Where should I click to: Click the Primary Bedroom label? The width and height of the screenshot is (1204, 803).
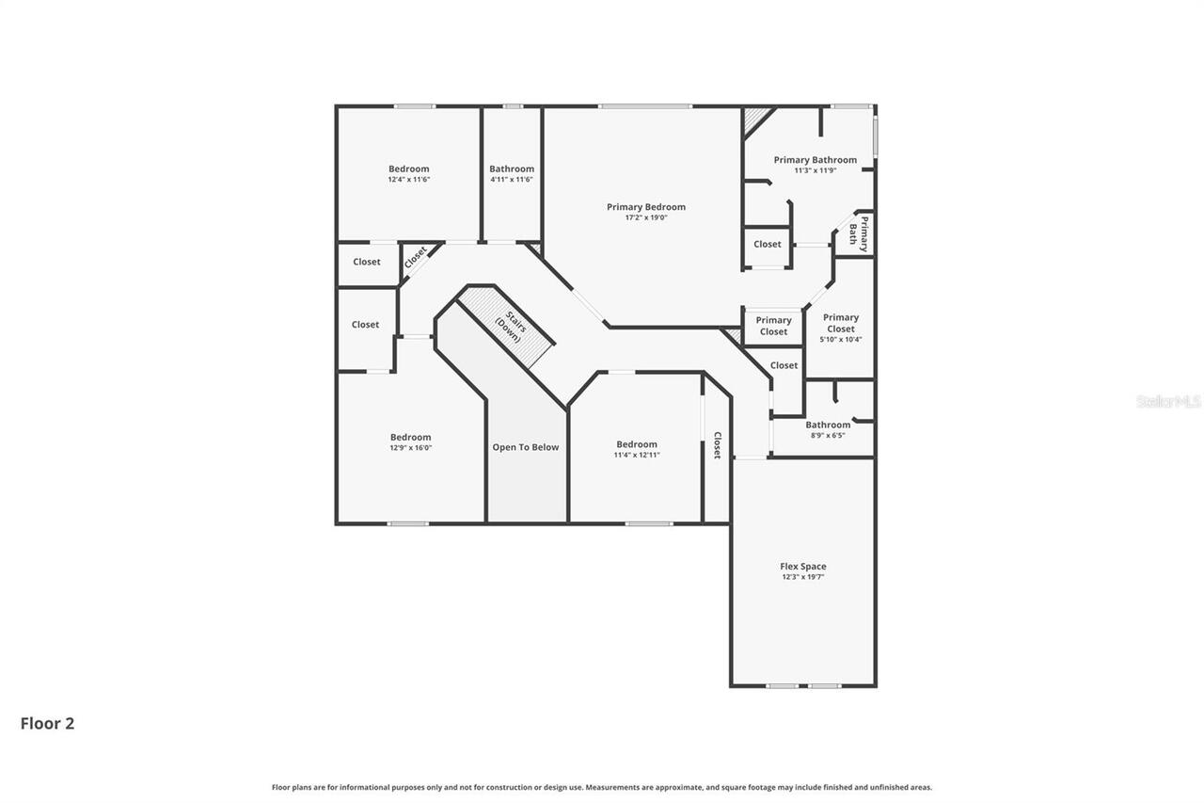(x=645, y=207)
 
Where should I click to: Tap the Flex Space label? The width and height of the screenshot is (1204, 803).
(x=802, y=567)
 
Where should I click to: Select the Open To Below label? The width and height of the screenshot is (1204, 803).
(x=526, y=447)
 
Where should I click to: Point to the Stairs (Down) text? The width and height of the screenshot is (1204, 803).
(x=511, y=325)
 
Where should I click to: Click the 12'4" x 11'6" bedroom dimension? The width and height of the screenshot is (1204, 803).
(x=408, y=180)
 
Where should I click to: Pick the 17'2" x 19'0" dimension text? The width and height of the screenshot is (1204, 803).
(x=645, y=217)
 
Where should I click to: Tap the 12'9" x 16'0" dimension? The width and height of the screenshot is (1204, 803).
(x=410, y=448)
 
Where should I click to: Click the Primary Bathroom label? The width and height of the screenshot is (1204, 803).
(x=815, y=160)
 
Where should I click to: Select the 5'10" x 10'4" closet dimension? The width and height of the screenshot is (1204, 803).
(x=840, y=340)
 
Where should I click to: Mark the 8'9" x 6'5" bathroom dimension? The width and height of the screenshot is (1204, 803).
(x=828, y=436)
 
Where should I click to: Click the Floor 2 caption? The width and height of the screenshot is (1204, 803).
(x=47, y=723)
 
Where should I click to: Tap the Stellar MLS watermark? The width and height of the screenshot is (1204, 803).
(x=1168, y=401)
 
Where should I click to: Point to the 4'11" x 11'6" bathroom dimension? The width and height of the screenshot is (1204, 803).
(x=511, y=180)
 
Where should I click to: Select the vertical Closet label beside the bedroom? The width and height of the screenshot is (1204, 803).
(x=717, y=445)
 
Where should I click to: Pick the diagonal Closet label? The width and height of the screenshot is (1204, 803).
(x=415, y=257)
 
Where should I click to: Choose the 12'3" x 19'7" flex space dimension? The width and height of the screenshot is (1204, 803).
(x=802, y=577)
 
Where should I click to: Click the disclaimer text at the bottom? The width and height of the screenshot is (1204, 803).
(x=602, y=787)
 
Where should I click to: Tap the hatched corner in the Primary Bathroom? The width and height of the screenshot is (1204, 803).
(x=754, y=119)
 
